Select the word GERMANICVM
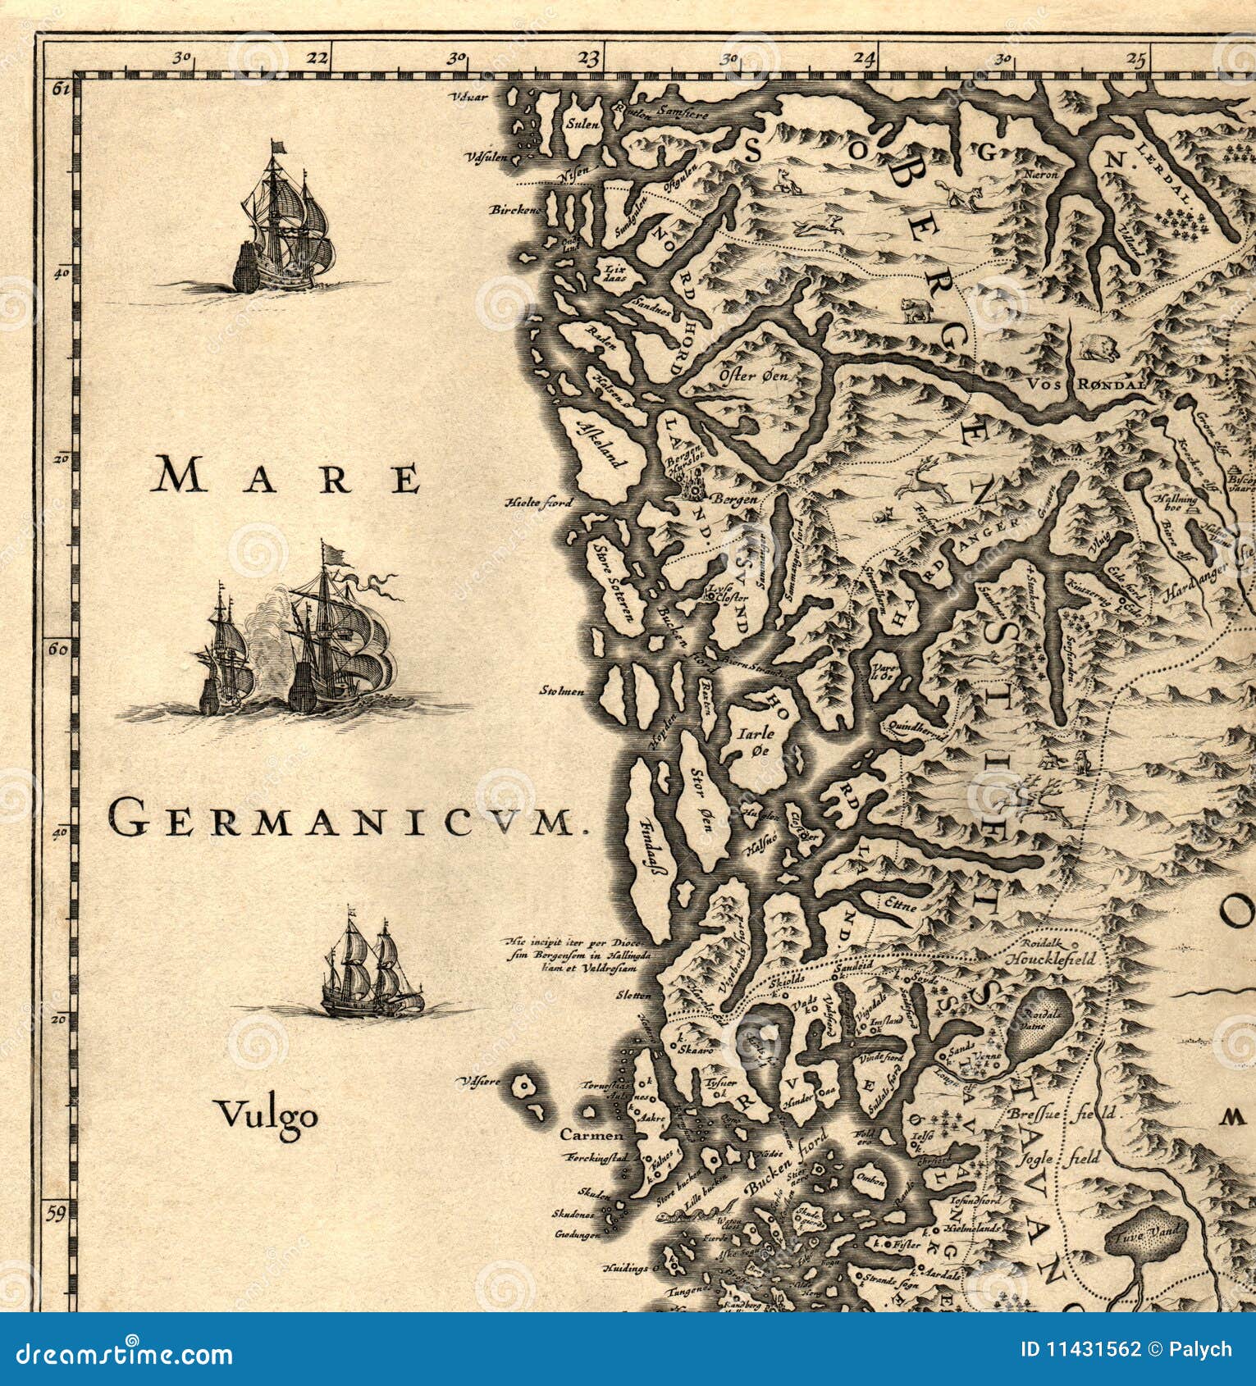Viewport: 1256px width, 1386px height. coord(340,819)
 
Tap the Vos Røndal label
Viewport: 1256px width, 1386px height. coord(1087,382)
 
